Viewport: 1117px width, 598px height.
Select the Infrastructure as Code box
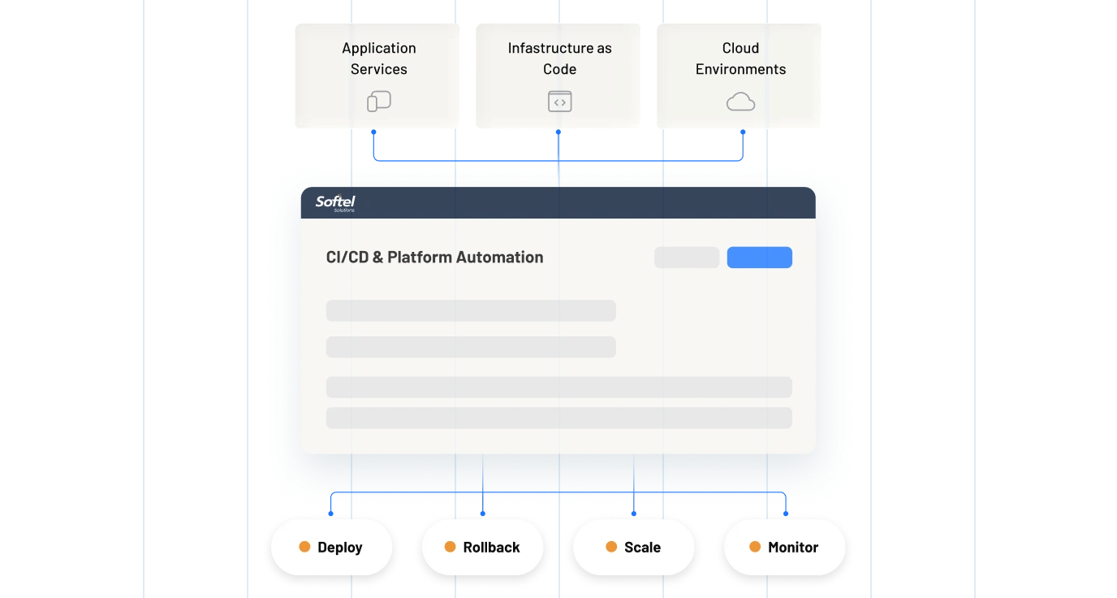coord(558,75)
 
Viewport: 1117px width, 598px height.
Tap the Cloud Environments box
coord(740,75)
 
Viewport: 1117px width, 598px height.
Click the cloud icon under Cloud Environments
coord(740,102)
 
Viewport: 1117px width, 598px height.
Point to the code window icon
coord(559,102)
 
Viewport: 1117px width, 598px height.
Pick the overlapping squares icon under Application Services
coord(379,102)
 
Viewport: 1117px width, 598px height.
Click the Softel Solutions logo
coord(335,203)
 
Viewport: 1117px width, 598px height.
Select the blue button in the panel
coord(759,258)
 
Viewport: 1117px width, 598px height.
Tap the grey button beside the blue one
coord(687,258)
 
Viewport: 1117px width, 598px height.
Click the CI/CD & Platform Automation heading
coord(434,258)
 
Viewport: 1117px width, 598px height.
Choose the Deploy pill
coord(331,547)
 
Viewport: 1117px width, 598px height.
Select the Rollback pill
coord(482,547)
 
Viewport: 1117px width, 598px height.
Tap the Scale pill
coord(634,547)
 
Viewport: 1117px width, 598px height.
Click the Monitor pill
coord(784,547)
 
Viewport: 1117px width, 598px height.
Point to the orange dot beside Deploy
coord(304,547)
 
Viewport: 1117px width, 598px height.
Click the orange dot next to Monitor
coord(755,547)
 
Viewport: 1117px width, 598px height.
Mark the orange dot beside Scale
coord(611,547)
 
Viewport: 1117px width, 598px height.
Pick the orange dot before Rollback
coord(450,547)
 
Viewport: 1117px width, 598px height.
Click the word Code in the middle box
coord(559,69)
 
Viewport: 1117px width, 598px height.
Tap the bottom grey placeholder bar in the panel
coord(558,418)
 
